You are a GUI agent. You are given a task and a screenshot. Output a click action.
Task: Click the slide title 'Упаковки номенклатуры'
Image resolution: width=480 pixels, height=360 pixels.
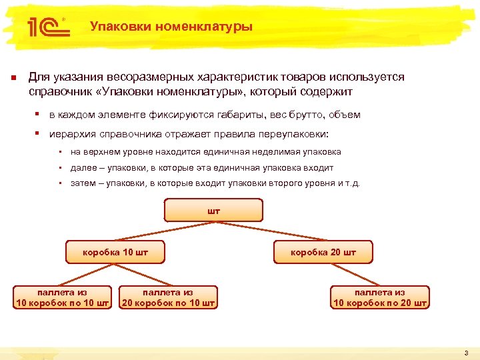tap(171, 27)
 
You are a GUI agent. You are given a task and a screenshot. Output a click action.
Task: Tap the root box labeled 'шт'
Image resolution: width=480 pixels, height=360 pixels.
tap(213, 211)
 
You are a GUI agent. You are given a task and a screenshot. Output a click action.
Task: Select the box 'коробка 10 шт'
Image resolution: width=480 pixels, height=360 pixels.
tap(115, 253)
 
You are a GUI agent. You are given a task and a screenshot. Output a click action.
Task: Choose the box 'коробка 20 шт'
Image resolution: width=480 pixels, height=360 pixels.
tap(323, 253)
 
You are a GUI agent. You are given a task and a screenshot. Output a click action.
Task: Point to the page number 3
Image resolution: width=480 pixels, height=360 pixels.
tap(467, 353)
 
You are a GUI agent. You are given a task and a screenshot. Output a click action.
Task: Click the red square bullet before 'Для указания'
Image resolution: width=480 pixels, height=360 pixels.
tap(13, 78)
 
